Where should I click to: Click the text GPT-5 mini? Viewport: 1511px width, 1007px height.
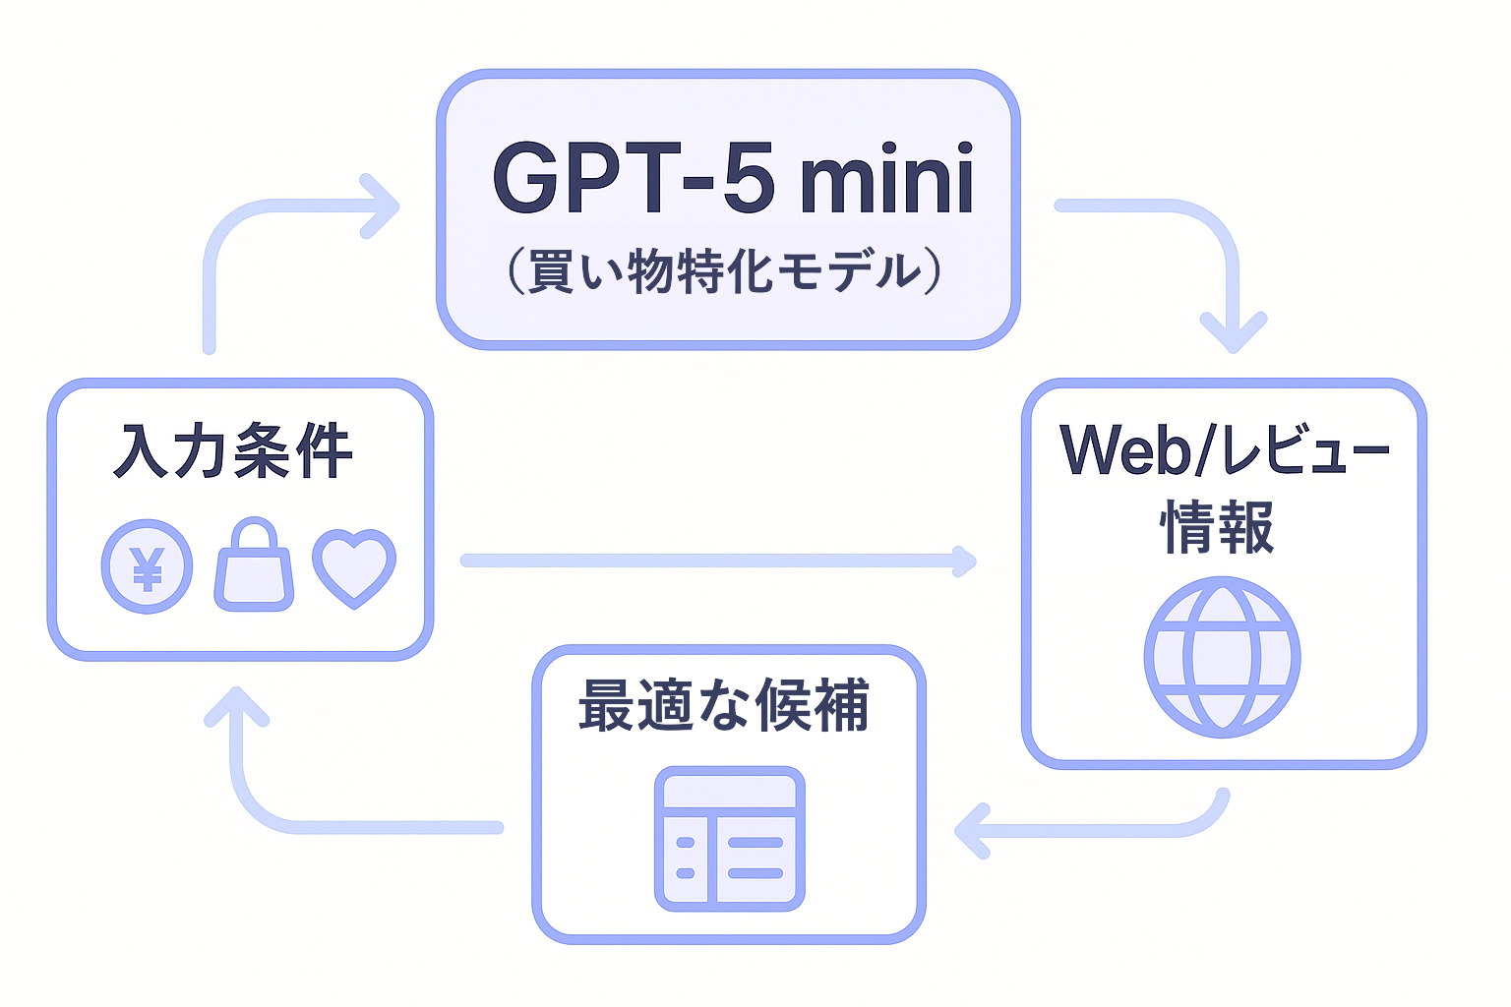(733, 179)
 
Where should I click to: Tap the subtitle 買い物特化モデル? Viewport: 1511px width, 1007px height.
(725, 271)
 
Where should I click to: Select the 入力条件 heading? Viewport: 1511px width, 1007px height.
(233, 451)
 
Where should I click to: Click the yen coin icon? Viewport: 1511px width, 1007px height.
(148, 566)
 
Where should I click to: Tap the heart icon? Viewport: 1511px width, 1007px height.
(354, 566)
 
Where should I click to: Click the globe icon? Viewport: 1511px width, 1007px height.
(1222, 657)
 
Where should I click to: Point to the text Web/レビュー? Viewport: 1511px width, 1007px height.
(1225, 450)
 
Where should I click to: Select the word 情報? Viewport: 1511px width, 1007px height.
(1218, 527)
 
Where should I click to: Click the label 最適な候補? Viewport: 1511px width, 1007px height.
(724, 705)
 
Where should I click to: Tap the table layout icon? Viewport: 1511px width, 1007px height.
(730, 839)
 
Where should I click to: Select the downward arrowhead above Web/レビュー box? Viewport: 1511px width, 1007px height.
(1233, 334)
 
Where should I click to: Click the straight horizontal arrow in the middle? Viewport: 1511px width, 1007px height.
(718, 561)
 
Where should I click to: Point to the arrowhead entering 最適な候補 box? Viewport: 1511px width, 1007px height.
(972, 831)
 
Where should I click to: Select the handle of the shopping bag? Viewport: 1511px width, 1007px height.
(254, 535)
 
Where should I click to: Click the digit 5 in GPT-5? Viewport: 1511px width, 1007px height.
(749, 179)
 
